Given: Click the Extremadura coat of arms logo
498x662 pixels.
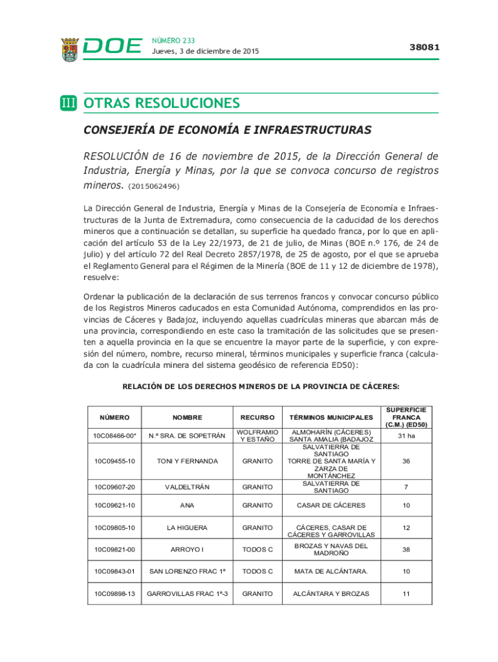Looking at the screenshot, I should coord(70,49).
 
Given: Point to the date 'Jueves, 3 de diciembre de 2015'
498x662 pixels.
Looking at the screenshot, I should coord(200,52).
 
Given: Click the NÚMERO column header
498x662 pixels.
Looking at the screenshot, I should coord(114,418).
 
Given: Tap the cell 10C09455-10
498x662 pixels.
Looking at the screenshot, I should coord(114,462).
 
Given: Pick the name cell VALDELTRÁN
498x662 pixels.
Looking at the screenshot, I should coord(187,487).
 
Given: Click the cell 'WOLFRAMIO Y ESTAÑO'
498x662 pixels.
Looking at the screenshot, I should coord(257,436).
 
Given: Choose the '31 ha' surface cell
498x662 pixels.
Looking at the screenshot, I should coord(406,436).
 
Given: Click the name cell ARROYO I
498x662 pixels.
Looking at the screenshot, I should coord(187,550).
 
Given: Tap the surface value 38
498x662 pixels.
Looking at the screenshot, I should coord(406,550).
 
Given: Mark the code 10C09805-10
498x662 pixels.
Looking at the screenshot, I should coord(114,528).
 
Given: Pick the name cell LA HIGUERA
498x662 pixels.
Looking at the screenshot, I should coord(187,528).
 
